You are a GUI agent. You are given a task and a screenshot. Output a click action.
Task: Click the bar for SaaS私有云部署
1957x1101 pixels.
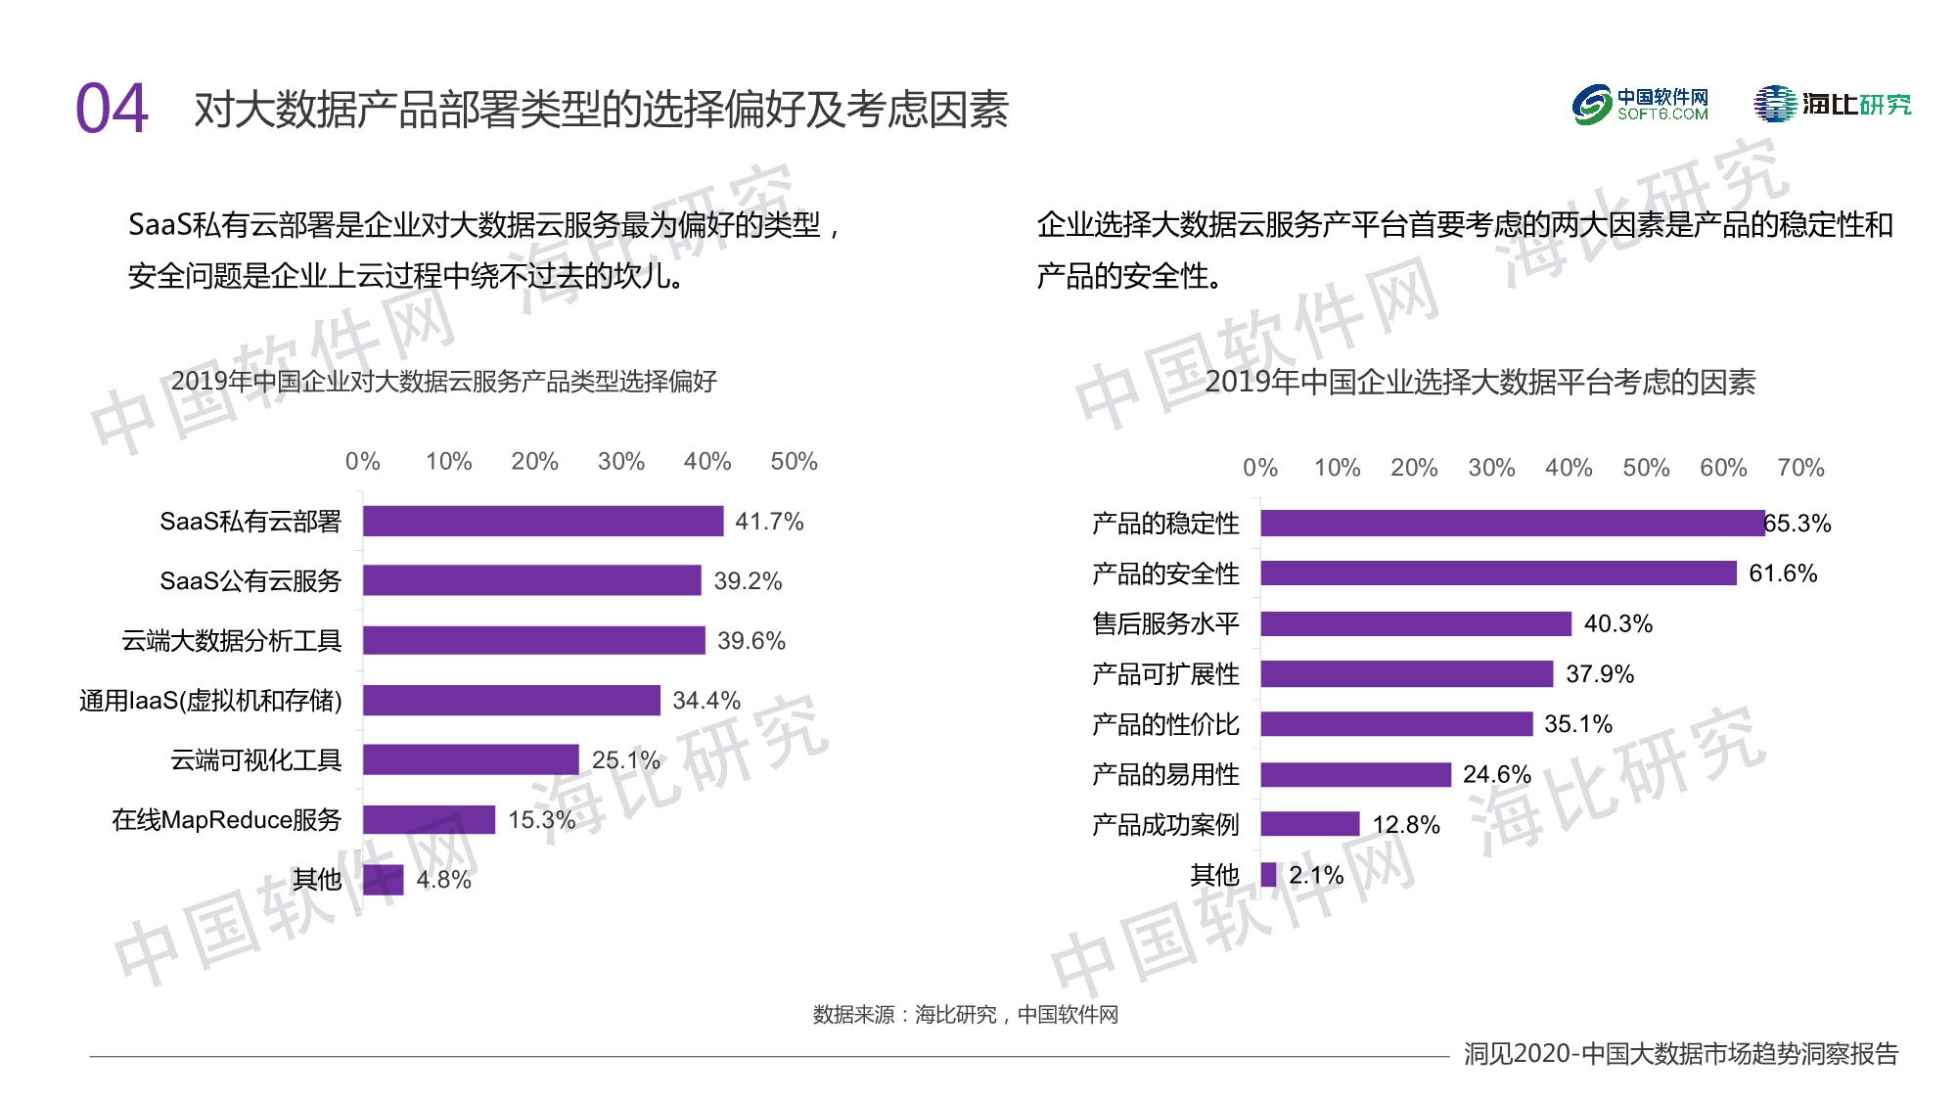click(543, 521)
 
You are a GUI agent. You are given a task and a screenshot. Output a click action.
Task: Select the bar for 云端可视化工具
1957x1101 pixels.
click(471, 759)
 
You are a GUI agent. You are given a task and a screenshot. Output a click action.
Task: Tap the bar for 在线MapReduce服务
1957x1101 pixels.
click(429, 819)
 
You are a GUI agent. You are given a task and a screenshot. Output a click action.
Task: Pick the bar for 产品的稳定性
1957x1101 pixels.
click(1512, 523)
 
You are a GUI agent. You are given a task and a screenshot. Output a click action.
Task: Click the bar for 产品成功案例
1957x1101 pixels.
click(1309, 824)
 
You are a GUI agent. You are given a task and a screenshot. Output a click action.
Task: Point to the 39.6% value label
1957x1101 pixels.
click(751, 641)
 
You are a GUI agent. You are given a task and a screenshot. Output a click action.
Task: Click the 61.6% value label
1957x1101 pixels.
click(1782, 573)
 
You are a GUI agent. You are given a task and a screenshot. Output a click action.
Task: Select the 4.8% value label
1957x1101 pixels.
click(443, 880)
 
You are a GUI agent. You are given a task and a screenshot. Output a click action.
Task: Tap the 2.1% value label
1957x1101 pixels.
click(1315, 875)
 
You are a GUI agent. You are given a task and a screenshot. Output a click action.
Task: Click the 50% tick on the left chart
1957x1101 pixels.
click(794, 461)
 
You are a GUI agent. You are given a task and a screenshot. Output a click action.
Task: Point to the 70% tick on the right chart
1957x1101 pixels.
click(1800, 468)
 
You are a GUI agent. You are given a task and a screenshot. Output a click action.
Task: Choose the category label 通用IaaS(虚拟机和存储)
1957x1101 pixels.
click(210, 701)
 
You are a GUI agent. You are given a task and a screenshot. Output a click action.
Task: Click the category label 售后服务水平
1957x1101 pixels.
click(1165, 623)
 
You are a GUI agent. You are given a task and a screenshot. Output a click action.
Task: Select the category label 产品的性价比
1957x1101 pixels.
click(1165, 724)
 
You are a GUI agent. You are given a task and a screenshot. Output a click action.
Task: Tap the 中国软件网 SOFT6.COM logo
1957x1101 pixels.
click(1640, 105)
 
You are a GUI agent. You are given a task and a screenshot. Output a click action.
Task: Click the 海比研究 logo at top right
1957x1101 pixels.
click(1832, 105)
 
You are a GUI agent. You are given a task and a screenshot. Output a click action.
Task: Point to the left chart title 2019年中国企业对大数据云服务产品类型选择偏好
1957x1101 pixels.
click(443, 381)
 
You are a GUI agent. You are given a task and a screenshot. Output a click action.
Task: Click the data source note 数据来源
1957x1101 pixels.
click(965, 1015)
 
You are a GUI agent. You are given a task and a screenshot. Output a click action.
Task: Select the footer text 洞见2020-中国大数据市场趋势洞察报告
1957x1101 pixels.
click(1680, 1054)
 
